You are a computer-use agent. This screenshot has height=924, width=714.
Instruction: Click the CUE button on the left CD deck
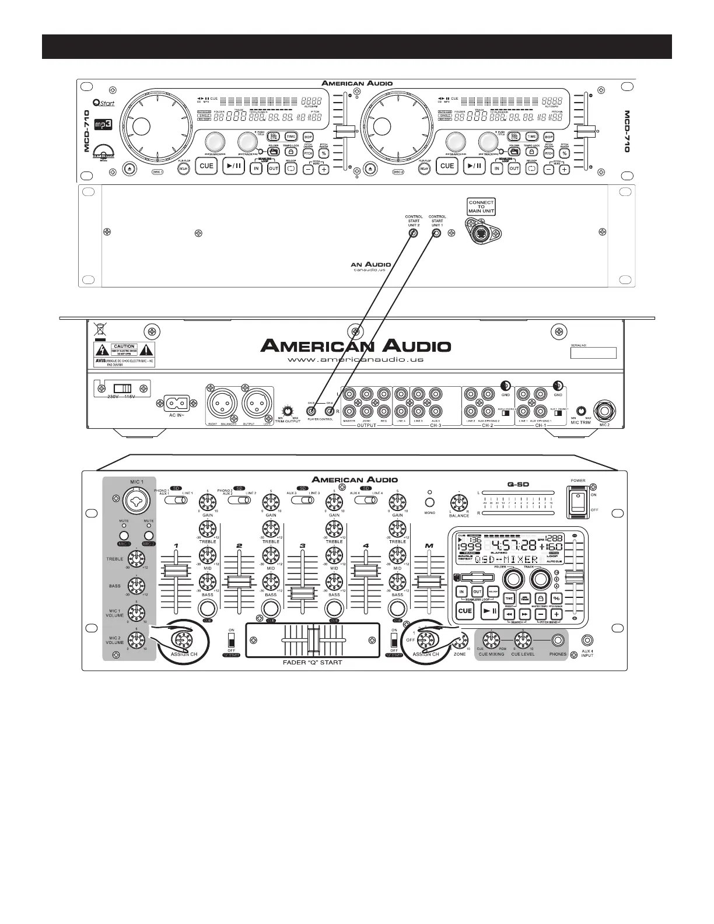click(x=206, y=166)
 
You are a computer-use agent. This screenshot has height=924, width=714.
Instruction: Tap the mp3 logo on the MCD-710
click(x=104, y=124)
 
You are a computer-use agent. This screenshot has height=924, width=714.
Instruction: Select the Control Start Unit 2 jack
click(x=413, y=234)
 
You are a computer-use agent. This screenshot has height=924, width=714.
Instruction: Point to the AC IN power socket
click(x=177, y=403)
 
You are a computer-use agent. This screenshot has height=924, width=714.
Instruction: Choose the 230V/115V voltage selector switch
click(x=123, y=388)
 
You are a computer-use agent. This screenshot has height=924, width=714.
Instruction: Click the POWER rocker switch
click(x=578, y=502)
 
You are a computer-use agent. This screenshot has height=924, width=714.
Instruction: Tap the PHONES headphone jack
click(x=558, y=640)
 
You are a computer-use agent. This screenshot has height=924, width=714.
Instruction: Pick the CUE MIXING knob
click(x=491, y=639)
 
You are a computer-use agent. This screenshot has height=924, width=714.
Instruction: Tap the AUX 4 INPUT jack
click(x=587, y=640)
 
